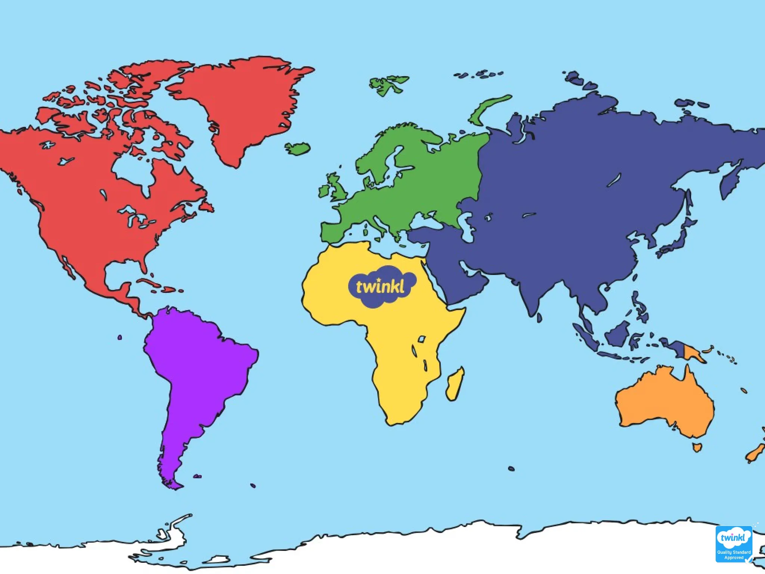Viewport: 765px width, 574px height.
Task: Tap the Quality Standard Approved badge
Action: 734,544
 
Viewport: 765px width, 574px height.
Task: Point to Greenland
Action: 239,101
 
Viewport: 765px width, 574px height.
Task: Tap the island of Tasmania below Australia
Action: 697,447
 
